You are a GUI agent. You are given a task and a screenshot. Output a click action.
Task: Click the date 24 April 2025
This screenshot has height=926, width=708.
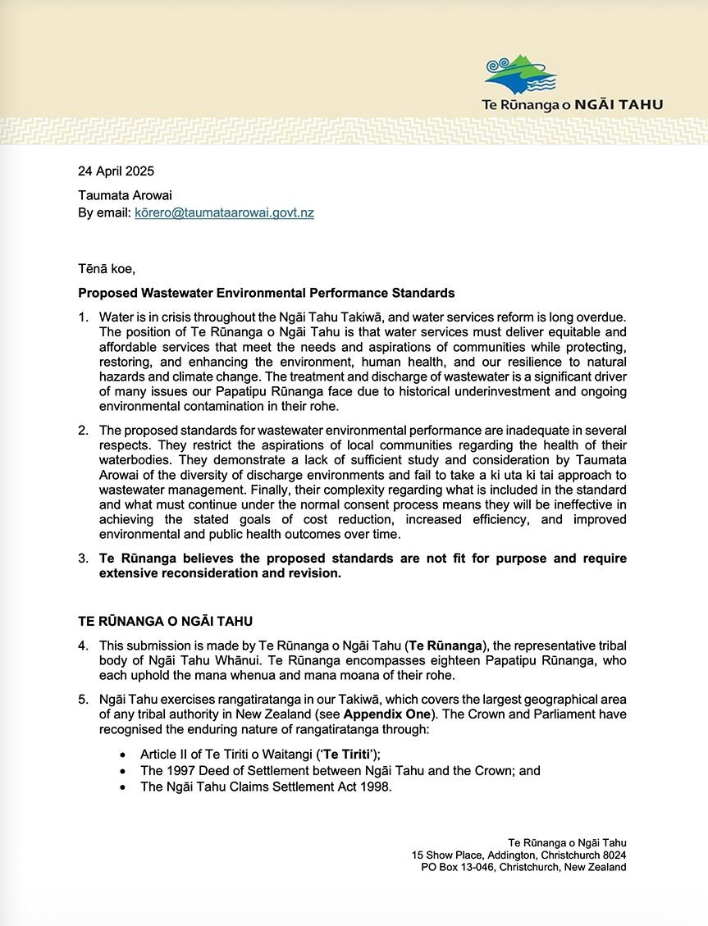[x=116, y=171]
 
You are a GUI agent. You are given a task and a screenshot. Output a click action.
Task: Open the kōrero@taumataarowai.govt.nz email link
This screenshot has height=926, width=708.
[x=224, y=212]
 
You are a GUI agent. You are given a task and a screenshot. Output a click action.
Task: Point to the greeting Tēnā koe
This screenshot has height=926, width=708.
[x=107, y=268]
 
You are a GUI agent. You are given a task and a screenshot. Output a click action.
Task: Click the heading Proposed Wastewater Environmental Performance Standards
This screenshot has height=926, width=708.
[x=266, y=293]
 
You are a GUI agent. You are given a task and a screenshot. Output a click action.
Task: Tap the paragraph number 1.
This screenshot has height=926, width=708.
[x=83, y=317]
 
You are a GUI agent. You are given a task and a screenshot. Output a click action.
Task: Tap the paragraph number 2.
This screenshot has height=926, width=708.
[x=83, y=431]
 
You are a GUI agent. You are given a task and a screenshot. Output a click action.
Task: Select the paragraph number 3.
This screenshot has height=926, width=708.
[x=83, y=559]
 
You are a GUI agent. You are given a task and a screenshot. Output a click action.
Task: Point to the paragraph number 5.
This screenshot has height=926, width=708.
[x=83, y=700]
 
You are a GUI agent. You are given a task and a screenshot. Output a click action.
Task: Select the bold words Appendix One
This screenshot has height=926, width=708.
[x=381, y=714]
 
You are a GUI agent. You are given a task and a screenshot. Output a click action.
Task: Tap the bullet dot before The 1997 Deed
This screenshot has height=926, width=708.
[x=123, y=771]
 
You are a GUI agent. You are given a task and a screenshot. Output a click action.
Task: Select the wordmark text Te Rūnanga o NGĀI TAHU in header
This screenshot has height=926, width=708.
[x=572, y=105]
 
